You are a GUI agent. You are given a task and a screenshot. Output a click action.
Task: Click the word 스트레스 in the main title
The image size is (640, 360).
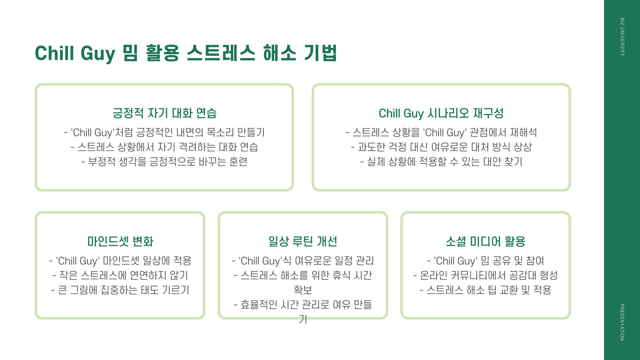[221, 53]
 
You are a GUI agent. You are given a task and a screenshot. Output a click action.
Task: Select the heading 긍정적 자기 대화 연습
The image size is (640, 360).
[164, 113]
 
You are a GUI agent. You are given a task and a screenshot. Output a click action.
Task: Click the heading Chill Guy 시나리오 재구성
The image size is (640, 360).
[441, 113]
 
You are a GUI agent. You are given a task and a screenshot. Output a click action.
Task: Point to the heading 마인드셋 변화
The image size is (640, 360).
[120, 241]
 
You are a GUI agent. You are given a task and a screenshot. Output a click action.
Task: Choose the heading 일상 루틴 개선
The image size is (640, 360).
[303, 241]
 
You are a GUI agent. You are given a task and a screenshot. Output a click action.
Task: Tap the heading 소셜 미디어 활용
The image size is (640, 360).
[485, 241]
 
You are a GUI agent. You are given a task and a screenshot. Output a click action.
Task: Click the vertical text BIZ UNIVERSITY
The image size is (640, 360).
[622, 37]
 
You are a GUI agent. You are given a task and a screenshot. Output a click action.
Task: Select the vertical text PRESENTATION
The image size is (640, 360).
[622, 322]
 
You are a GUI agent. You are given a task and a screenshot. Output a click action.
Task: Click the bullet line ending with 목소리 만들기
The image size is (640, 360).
[164, 133]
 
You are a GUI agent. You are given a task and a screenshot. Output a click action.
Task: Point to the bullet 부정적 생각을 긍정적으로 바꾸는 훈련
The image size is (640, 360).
[164, 162]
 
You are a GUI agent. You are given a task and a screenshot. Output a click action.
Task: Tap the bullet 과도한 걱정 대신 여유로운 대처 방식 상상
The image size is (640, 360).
[441, 147]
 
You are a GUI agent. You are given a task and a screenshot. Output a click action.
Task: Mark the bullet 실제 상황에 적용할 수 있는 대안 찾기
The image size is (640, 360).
[441, 162]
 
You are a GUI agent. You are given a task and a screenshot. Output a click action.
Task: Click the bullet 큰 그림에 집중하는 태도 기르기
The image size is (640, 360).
[120, 290]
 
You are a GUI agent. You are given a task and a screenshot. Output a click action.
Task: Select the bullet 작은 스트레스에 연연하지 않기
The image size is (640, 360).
[120, 275]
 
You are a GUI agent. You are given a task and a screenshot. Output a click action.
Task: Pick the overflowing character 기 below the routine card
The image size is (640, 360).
[303, 319]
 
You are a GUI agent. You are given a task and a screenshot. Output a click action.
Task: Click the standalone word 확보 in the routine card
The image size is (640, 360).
[303, 290]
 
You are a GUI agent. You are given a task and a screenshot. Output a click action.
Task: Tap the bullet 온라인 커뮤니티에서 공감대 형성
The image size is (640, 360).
[485, 275]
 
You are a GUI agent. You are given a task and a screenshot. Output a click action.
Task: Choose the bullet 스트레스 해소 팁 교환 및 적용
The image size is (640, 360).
[485, 290]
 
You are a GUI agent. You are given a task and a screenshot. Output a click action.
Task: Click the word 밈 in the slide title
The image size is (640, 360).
[130, 53]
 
